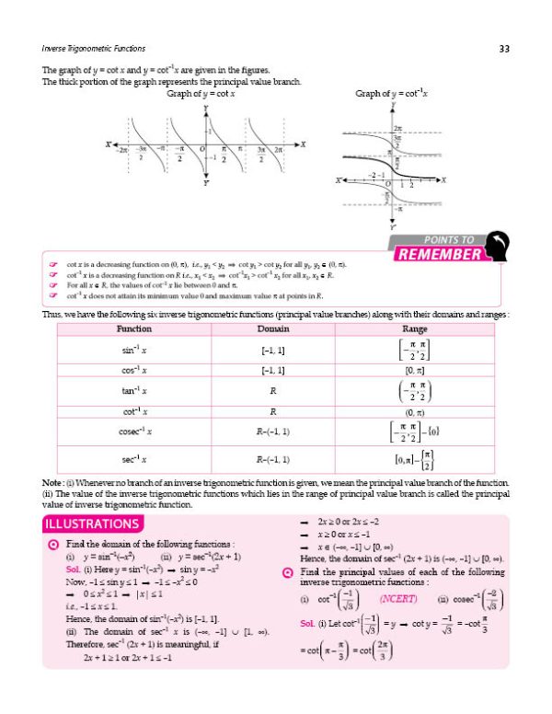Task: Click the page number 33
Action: pos(503,48)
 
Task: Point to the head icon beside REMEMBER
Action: pos(497,248)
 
